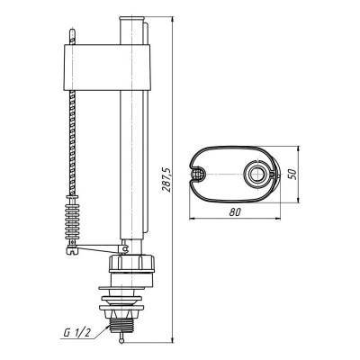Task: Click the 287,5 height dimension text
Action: (166, 179)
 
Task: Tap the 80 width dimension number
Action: (235, 212)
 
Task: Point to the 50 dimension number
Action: (292, 175)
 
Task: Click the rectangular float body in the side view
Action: (107, 67)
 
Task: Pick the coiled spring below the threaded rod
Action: (73, 218)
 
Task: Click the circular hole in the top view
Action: (256, 174)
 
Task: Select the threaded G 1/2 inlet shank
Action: (121, 325)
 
